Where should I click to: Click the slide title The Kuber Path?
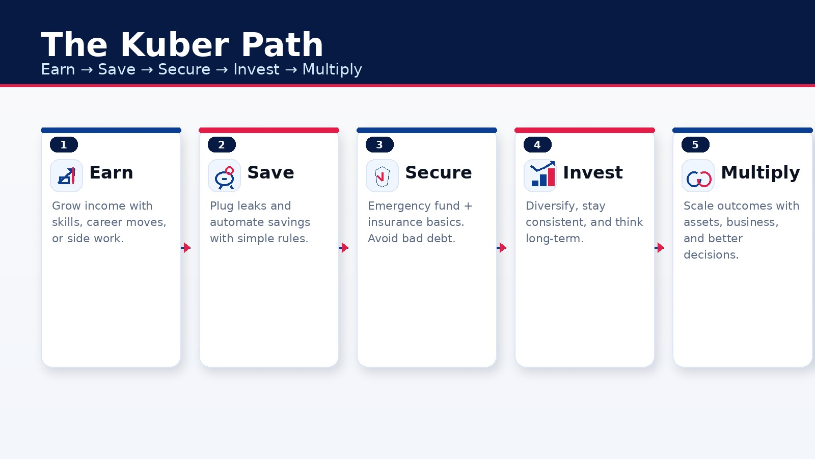(x=182, y=44)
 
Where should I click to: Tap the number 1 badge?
(x=64, y=145)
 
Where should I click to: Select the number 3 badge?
(x=379, y=145)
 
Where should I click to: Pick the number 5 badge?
(x=695, y=145)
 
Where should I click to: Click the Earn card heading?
(x=111, y=173)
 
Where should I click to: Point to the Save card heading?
(x=270, y=173)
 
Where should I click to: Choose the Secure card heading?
(x=439, y=173)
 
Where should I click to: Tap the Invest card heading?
(x=593, y=173)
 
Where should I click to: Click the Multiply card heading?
(x=760, y=173)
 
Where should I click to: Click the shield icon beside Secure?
(x=382, y=176)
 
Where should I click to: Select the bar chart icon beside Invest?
(x=540, y=176)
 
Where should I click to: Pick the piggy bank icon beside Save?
(x=224, y=176)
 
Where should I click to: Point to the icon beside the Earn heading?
(x=66, y=176)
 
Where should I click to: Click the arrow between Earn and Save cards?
(x=186, y=248)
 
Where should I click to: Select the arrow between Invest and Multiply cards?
(x=660, y=248)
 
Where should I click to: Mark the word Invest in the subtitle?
(x=256, y=69)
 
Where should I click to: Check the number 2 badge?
(x=222, y=145)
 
